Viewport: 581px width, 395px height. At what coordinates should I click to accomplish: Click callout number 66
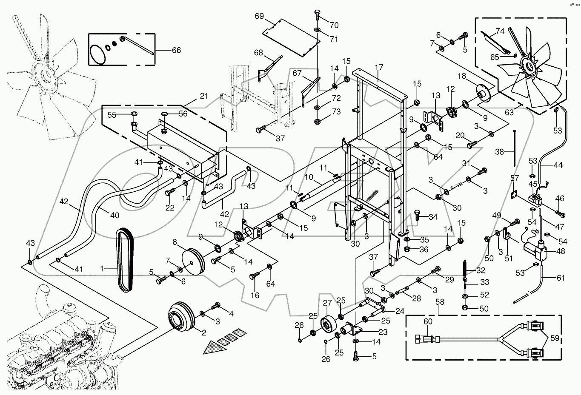[x=176, y=50]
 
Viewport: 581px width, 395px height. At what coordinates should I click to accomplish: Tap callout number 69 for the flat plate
[x=260, y=16]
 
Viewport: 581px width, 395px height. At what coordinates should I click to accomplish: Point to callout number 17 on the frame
[x=379, y=67]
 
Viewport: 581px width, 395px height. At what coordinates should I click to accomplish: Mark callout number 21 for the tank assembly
[x=204, y=97]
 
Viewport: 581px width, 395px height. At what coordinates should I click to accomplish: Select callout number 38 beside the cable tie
[x=500, y=151]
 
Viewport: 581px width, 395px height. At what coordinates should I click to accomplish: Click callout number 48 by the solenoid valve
[x=560, y=251]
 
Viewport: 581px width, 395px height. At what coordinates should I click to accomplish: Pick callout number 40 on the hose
[x=114, y=215]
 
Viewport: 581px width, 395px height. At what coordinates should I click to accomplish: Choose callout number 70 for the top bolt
[x=334, y=25]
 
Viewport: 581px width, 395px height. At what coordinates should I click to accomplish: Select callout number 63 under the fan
[x=509, y=113]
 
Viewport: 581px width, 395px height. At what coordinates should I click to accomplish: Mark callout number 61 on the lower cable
[x=561, y=278]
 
